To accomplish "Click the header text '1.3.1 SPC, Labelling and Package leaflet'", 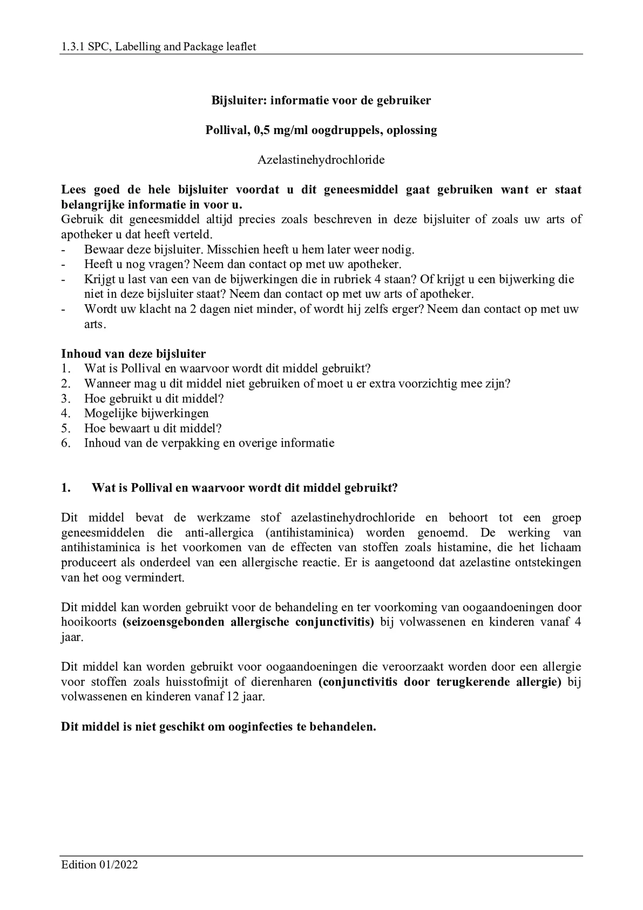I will click(158, 47).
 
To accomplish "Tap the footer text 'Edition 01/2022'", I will click(99, 864).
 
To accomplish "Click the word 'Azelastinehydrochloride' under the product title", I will click(321, 160).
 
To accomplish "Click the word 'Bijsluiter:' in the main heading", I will click(239, 100).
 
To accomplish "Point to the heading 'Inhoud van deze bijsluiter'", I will click(133, 354).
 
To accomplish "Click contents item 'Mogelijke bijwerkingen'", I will click(146, 413).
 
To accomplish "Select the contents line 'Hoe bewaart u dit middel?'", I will click(153, 428).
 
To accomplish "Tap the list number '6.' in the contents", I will click(66, 443).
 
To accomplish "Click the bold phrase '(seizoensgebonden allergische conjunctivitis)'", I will click(248, 622).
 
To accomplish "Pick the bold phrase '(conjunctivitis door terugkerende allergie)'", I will click(440, 682).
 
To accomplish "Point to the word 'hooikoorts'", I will click(89, 622).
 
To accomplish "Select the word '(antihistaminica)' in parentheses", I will click(309, 533).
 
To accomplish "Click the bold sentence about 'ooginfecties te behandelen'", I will click(218, 727).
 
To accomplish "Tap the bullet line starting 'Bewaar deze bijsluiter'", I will click(249, 249).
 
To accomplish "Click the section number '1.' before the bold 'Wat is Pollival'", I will click(66, 488).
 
